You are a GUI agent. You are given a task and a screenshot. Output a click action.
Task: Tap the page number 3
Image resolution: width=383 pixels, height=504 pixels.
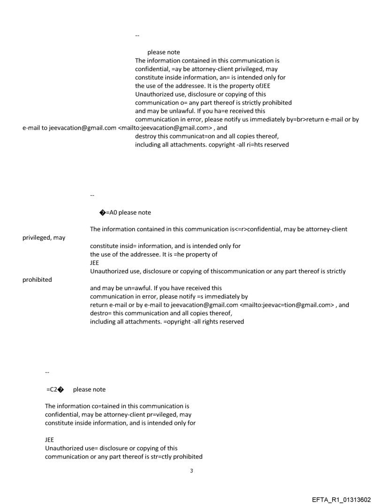[191, 471]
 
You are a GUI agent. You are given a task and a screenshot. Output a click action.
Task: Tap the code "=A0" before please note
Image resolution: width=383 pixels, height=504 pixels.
[111, 213]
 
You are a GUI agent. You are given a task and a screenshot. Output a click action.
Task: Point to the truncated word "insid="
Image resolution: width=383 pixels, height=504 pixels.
[127, 246]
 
